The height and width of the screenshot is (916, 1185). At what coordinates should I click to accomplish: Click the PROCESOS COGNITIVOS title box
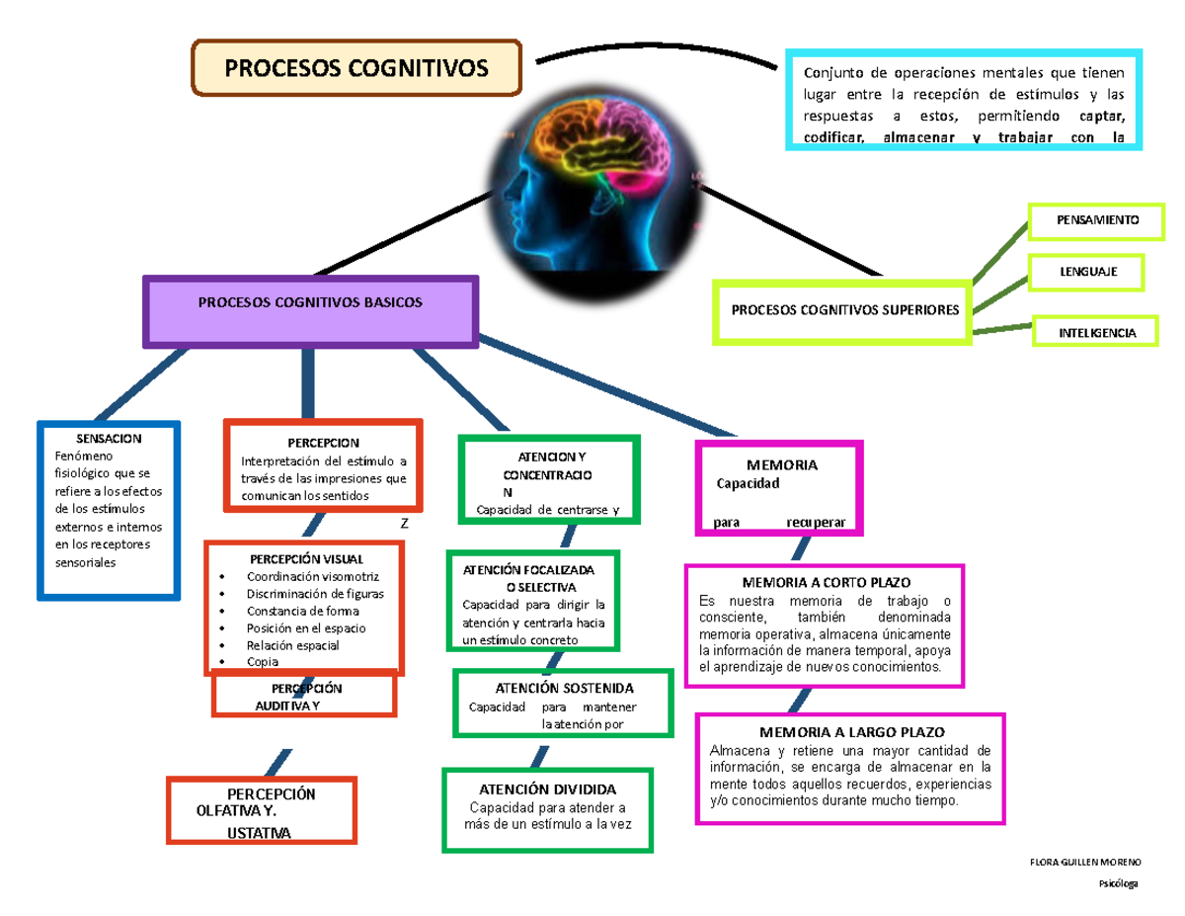click(x=356, y=68)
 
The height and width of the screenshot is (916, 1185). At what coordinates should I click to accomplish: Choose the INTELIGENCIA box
click(x=1095, y=333)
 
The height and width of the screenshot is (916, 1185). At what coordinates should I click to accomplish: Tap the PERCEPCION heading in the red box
click(x=324, y=443)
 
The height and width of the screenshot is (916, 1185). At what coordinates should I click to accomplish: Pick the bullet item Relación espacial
click(x=292, y=644)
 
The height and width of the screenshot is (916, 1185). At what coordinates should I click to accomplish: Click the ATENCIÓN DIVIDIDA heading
click(x=547, y=790)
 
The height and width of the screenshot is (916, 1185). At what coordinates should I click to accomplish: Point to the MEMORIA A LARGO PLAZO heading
click(x=851, y=732)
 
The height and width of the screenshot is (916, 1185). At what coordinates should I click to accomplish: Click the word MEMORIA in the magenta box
click(x=781, y=464)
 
